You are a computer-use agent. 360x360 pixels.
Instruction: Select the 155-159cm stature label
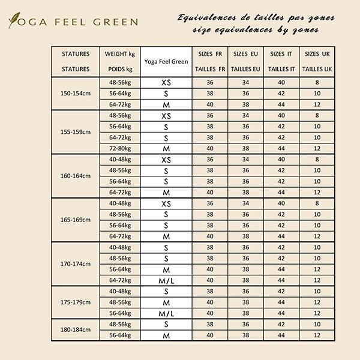(x=76, y=131)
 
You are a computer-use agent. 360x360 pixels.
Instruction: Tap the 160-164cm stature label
(x=76, y=176)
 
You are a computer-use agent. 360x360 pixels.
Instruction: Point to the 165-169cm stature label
(x=76, y=220)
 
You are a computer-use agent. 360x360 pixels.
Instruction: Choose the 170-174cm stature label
(x=76, y=263)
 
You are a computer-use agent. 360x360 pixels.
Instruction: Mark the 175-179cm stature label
(x=76, y=302)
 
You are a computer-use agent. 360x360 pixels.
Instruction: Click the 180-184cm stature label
(x=76, y=329)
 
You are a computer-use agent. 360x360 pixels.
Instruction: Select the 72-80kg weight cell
(x=119, y=148)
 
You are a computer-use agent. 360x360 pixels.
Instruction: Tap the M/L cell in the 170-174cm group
(x=166, y=281)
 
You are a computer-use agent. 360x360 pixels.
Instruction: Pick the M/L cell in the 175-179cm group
(x=166, y=314)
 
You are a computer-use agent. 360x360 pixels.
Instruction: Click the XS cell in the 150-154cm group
(x=166, y=82)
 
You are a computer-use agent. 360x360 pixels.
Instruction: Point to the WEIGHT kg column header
(x=119, y=54)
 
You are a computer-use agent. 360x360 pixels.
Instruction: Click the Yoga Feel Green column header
(x=166, y=61)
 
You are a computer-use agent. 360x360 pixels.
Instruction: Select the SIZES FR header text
(x=209, y=54)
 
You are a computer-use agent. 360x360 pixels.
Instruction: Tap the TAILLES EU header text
(x=245, y=69)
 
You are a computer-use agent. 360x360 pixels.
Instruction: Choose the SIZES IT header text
(x=281, y=54)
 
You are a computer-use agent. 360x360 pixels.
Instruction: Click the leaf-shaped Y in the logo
(x=14, y=22)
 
